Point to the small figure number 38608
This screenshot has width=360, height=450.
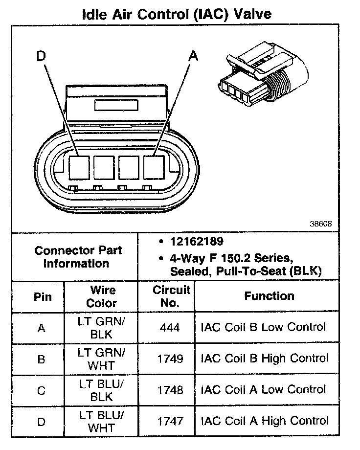pos(320,224)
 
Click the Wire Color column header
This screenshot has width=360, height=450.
pos(102,296)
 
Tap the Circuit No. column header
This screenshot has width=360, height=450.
pos(171,296)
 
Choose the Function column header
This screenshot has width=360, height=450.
pos(269,296)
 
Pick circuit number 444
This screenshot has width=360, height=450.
pos(170,327)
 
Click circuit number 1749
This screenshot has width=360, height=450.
pos(171,359)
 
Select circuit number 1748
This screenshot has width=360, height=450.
pos(171,390)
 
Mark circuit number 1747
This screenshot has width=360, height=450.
pos(171,421)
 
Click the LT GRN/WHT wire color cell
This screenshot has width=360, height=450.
pos(102,359)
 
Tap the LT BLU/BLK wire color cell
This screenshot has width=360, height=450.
pos(102,390)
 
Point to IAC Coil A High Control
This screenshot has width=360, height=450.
pos(265,421)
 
